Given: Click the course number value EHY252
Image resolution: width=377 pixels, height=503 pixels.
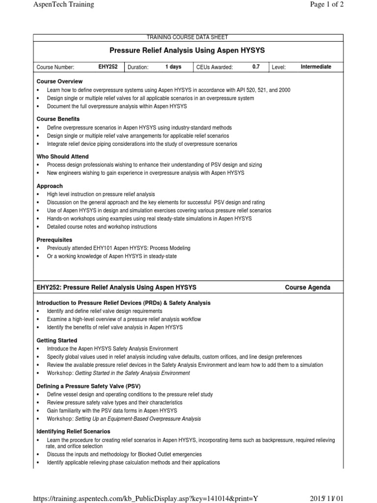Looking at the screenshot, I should pyautogui.click(x=108, y=67).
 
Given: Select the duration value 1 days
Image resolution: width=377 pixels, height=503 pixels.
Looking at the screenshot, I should pyautogui.click(x=173, y=67).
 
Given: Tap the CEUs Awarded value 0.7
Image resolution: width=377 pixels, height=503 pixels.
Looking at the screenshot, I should pyautogui.click(x=256, y=67).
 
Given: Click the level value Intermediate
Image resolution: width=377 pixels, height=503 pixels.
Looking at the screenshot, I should pyautogui.click(x=316, y=67).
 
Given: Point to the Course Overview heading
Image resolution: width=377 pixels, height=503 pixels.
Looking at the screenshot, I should pyautogui.click(x=59, y=82).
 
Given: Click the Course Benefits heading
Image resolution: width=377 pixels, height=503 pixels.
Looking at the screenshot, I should pyautogui.click(x=58, y=119).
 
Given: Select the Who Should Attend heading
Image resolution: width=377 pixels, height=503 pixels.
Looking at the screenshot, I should pyautogui.click(x=62, y=157).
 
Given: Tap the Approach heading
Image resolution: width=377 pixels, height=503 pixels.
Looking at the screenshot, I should pyautogui.click(x=50, y=186).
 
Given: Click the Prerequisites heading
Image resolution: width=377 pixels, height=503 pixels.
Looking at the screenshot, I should pyautogui.click(x=54, y=240).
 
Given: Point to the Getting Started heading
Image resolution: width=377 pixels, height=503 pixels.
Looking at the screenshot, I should pyautogui.click(x=56, y=340).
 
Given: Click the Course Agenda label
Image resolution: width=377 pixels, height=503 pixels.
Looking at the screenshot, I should pyautogui.click(x=307, y=288).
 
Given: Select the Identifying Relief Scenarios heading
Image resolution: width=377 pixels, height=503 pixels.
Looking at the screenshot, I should pyautogui.click(x=73, y=431).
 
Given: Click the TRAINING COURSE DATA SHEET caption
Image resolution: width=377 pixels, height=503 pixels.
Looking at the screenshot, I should pyautogui.click(x=188, y=37).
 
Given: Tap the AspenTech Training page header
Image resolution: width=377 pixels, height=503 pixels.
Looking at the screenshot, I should pyautogui.click(x=63, y=5).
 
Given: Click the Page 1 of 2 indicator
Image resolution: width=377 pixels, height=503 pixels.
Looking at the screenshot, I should pyautogui.click(x=323, y=5).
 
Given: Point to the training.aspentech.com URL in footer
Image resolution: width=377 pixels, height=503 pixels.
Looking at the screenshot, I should pyautogui.click(x=145, y=499).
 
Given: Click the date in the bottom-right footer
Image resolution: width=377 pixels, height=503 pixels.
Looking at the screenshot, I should pyautogui.click(x=326, y=499).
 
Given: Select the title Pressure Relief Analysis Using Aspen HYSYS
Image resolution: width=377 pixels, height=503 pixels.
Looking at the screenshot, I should pyautogui.click(x=188, y=50).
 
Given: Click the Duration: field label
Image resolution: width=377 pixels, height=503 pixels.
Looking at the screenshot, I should pyautogui.click(x=138, y=67).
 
